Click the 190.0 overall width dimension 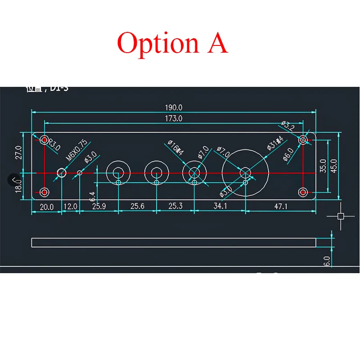point(173,108)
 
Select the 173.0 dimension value point(174,119)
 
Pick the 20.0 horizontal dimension point(46,207)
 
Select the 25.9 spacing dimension point(99,207)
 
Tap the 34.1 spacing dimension point(220,207)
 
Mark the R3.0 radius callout point(54,144)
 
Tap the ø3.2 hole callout point(288,126)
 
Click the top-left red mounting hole point(44,139)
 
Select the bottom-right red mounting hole point(303,192)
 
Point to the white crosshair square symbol point(341,216)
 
